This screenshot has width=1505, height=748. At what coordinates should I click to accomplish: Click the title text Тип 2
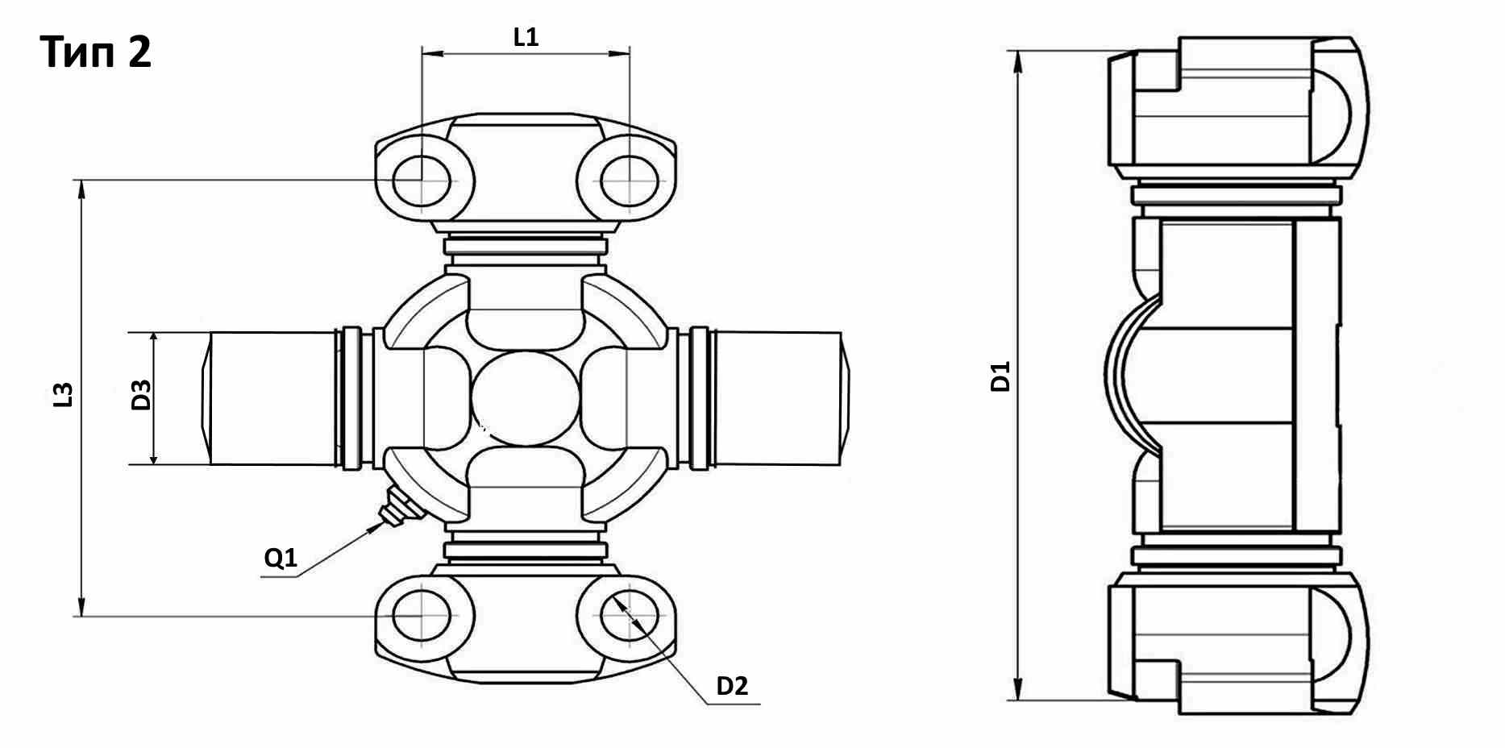[95, 52]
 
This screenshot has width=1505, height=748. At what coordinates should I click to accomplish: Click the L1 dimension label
[526, 37]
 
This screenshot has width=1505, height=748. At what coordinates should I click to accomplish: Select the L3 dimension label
[64, 394]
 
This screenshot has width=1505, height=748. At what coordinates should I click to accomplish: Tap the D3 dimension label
[141, 395]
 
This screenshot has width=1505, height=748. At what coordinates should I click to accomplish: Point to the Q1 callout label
[281, 558]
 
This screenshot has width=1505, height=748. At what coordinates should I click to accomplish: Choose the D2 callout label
[732, 686]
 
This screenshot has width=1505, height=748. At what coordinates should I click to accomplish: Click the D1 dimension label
[1000, 377]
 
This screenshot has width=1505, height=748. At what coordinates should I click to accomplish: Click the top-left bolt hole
[422, 180]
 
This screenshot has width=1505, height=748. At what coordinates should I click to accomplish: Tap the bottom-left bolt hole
[422, 617]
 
